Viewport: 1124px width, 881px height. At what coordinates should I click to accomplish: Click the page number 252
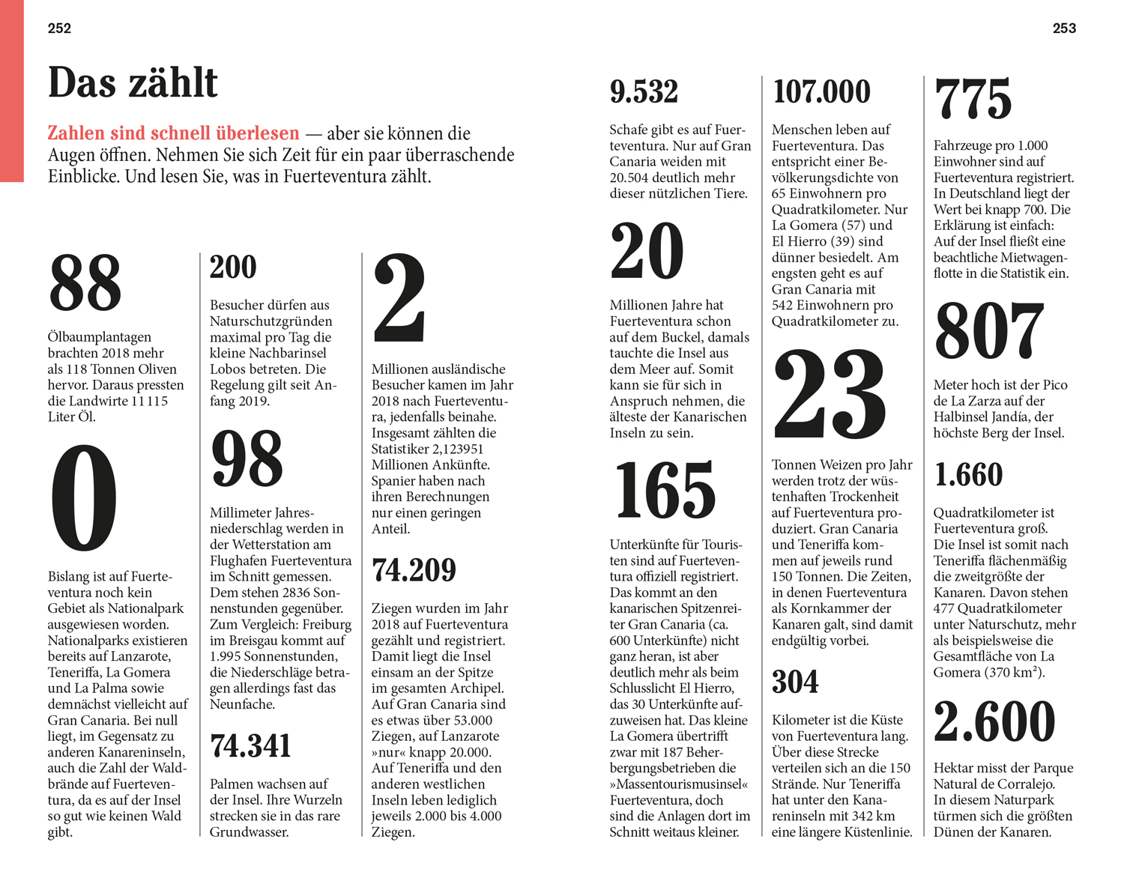pos(59,28)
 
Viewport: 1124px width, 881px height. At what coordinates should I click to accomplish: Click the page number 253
pos(1064,28)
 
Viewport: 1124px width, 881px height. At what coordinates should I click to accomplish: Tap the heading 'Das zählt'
pos(133,82)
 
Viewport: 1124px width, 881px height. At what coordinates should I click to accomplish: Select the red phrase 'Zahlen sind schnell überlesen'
pos(173,133)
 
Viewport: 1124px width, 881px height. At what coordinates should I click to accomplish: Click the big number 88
pos(85,282)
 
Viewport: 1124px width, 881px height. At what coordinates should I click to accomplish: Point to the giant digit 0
pos(84,497)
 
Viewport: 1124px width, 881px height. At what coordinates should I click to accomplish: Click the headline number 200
pos(233,267)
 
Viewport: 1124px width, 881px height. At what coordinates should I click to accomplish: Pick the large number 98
pos(247,458)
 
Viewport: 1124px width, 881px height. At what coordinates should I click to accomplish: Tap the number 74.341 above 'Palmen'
pos(250,746)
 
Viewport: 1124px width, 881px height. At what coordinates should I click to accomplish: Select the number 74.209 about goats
pos(414,570)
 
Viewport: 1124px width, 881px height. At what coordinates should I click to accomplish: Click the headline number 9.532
pos(644,92)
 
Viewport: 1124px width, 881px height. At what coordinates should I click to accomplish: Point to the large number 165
pos(665,491)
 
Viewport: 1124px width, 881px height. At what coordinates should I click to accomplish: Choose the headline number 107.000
pos(821,92)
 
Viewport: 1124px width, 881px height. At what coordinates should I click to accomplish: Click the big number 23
pos(830,395)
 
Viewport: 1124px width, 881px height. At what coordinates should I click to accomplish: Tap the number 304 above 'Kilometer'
pos(795,682)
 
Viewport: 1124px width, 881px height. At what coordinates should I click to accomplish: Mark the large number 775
pos(973,99)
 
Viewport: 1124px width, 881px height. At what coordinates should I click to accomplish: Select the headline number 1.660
pos(968,475)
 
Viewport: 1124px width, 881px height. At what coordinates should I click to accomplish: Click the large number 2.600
pos(994,721)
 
